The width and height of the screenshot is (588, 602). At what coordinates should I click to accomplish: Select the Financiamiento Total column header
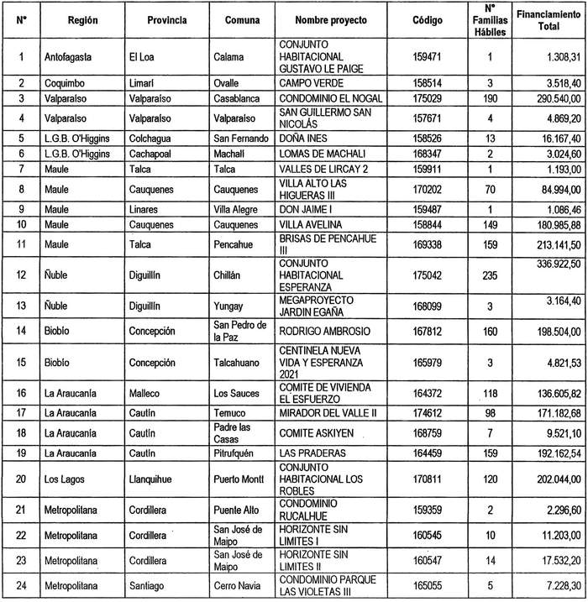pos(544,20)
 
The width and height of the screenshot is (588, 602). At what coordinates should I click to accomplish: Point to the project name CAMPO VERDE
pos(313,84)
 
